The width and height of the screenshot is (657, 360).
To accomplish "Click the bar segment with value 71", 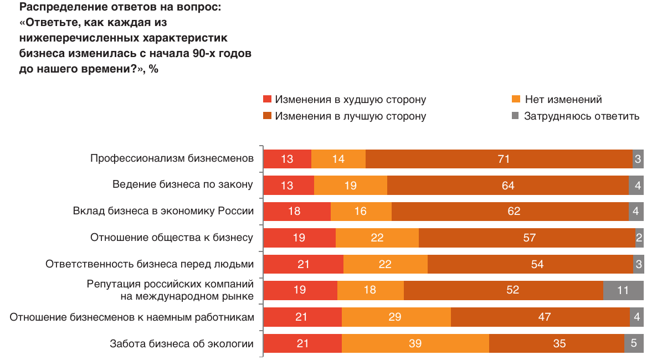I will (499, 159).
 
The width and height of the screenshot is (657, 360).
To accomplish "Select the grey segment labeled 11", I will (623, 290).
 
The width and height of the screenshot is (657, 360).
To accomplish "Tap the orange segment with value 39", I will (415, 343).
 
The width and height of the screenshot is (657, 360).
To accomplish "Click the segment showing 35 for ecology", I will (556, 343).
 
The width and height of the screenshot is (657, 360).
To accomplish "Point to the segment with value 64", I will (507, 186).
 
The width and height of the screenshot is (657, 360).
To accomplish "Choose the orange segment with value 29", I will (396, 317).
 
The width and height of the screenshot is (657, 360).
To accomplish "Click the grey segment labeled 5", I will (634, 343).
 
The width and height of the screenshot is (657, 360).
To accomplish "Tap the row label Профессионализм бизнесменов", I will (172, 159).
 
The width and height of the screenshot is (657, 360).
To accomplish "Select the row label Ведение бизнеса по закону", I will (183, 185).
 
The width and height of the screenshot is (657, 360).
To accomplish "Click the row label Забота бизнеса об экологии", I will (182, 344).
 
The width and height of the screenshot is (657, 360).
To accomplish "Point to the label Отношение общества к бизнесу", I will (172, 238).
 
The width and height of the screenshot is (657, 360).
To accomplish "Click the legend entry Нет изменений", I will (563, 100).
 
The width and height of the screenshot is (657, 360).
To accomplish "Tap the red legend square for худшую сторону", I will (268, 100).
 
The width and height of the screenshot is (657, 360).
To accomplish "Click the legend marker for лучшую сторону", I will (268, 116).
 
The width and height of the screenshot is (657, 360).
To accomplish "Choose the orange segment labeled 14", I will (338, 159).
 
